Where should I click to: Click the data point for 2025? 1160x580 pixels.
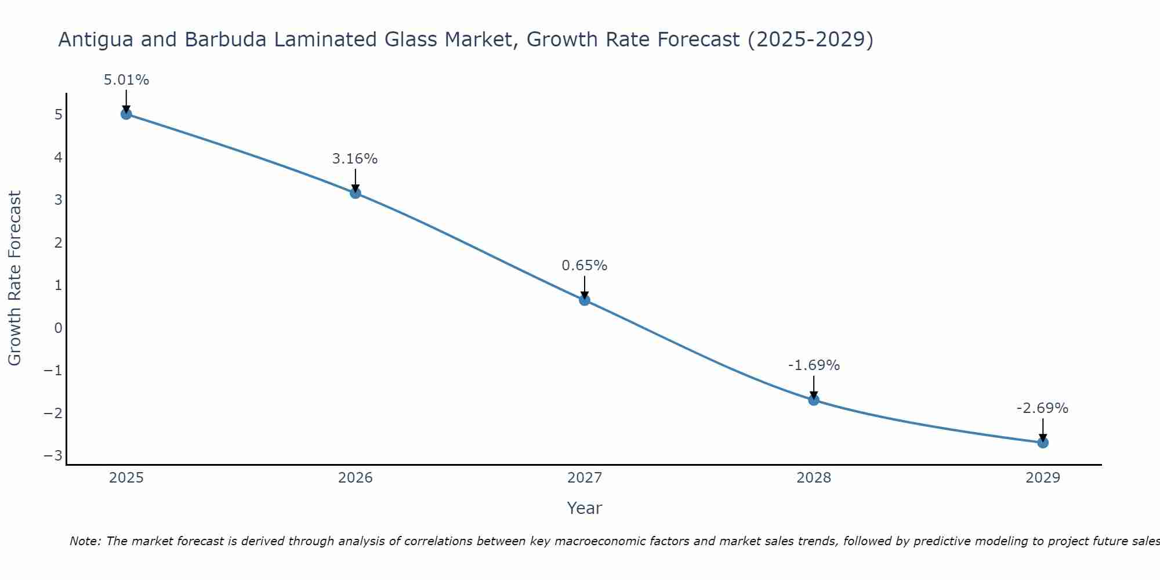click(x=126, y=114)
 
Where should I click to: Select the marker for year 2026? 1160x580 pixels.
click(x=356, y=193)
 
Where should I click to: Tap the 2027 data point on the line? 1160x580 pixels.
click(x=585, y=300)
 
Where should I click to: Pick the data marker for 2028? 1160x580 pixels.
click(x=814, y=400)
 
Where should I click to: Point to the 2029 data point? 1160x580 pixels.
click(x=1043, y=443)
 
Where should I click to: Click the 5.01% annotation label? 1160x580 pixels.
click(x=126, y=80)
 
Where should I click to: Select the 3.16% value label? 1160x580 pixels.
click(x=355, y=159)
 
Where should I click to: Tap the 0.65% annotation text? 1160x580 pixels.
click(x=585, y=266)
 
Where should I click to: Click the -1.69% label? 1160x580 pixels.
click(x=814, y=365)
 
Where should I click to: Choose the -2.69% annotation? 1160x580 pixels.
click(x=1042, y=408)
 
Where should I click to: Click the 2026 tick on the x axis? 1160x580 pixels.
click(x=356, y=478)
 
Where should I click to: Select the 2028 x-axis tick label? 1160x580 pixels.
click(x=814, y=478)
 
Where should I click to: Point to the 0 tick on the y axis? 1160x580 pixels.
click(x=58, y=328)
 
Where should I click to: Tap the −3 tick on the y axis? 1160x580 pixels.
click(x=53, y=456)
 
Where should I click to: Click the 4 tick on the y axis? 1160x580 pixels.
click(x=58, y=158)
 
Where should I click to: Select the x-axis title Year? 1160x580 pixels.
click(x=585, y=508)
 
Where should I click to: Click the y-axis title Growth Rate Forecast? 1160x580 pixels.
click(x=14, y=278)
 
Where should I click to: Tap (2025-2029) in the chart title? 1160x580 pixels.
click(x=810, y=40)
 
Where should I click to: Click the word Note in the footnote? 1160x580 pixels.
click(x=85, y=541)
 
